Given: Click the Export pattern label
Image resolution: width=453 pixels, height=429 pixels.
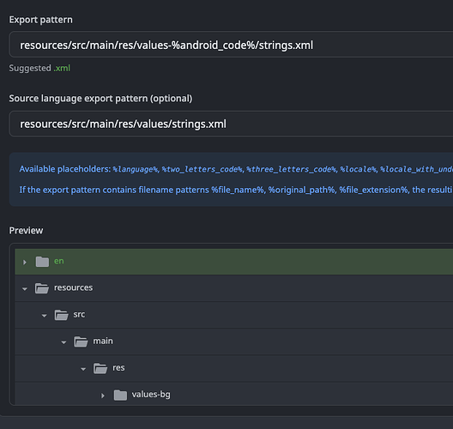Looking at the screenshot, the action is pos(40,20).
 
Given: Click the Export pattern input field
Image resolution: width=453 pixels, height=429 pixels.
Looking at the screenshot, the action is pos(231,45).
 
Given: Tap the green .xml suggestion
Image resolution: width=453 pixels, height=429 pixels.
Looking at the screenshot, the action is pos(62,68).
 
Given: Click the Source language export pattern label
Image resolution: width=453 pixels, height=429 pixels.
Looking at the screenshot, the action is pos(100,99).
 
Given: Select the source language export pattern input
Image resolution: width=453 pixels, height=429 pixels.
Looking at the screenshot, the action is pos(231,124).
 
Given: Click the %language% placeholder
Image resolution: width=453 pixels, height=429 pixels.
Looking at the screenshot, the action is pos(136,169).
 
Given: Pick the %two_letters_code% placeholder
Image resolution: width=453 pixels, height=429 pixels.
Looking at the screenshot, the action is pos(202,169).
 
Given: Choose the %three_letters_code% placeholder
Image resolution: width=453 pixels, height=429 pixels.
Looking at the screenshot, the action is pos(292,169).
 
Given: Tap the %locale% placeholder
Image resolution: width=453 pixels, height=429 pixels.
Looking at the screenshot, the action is pos(359,169).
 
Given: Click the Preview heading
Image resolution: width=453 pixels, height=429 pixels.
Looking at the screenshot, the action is pos(26,231).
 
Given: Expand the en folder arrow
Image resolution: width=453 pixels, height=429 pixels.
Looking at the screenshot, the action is pos(25,262).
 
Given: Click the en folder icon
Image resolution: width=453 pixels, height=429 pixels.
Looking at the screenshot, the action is pos(42,262).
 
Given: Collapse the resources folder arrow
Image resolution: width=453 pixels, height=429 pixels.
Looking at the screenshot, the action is pos(25,288).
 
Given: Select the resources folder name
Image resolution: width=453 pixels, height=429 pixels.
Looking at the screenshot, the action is pos(74,287).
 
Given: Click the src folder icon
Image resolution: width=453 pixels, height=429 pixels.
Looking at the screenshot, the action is pos(62,315).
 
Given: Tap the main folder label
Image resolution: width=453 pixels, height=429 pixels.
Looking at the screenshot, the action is pos(103,341).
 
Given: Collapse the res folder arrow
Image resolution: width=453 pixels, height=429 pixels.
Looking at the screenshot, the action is pos(83,369).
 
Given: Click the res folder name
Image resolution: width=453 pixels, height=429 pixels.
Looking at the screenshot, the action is pos(118,368).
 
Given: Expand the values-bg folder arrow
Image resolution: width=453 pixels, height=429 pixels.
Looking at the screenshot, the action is pos(103,396).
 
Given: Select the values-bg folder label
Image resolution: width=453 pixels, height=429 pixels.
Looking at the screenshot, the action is pos(151,395).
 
